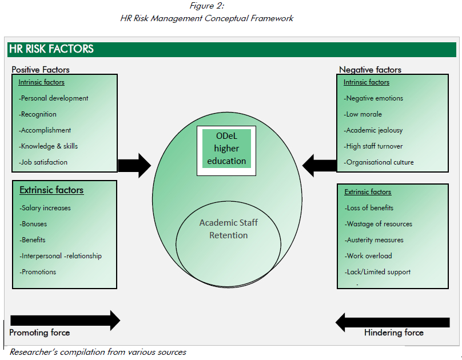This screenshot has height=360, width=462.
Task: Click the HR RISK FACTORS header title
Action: click(51, 49)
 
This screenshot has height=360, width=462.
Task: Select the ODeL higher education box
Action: click(226, 148)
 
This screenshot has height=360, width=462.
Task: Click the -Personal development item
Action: click(54, 98)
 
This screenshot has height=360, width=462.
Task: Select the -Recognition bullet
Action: click(38, 114)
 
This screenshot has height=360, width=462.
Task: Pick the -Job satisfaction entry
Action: click(43, 162)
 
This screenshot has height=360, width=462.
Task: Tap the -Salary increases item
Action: click(45, 208)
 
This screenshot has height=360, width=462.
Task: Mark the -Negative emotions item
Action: click(373, 98)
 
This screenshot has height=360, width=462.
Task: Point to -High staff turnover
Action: click(374, 146)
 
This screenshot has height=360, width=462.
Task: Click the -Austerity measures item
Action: click(375, 240)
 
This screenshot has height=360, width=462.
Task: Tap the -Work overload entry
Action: click(370, 256)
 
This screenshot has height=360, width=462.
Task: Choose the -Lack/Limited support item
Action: click(378, 272)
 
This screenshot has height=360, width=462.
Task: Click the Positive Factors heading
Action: click(41, 70)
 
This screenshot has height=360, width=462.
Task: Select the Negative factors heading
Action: click(370, 70)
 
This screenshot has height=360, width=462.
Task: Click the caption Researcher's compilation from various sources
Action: click(98, 352)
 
